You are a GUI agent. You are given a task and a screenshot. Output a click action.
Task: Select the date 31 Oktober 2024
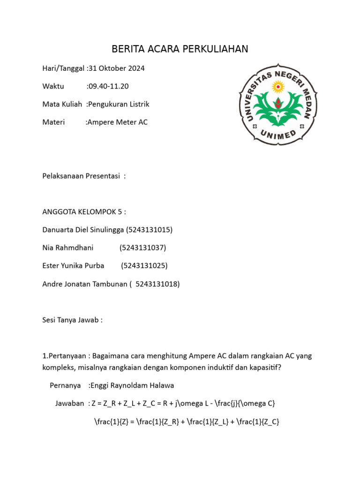[117, 68]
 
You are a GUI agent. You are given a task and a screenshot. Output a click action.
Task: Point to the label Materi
[53, 122]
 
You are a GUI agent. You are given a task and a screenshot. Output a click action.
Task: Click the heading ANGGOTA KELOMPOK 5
[83, 212]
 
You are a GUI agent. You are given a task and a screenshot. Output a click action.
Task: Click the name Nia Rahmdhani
[68, 247]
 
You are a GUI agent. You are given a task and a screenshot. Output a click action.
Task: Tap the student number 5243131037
[143, 247]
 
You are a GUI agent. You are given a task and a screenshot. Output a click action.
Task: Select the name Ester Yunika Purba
[73, 266]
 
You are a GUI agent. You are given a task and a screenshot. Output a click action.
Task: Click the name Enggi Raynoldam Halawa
[132, 385]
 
